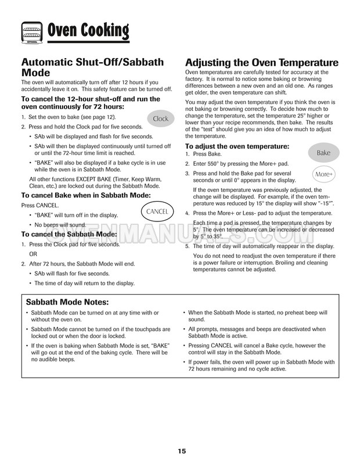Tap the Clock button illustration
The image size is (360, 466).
(160, 119)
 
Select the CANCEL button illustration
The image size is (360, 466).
(157, 212)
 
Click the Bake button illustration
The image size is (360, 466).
(323, 153)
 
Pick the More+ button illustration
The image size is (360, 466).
(323, 174)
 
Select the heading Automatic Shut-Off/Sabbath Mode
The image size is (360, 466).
(92, 68)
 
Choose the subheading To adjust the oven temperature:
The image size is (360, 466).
(236, 146)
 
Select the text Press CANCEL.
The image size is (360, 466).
(40, 205)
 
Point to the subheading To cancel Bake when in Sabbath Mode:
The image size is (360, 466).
(86, 196)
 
